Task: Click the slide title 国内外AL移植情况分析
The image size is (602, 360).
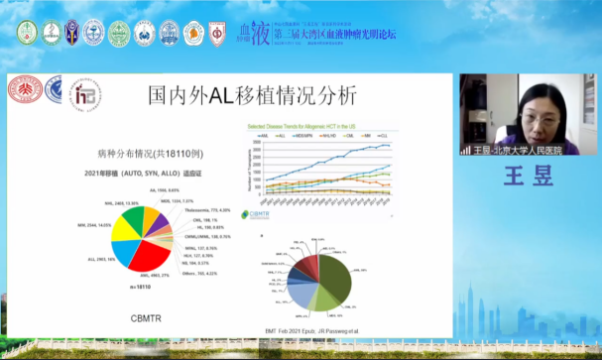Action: coord(251,95)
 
